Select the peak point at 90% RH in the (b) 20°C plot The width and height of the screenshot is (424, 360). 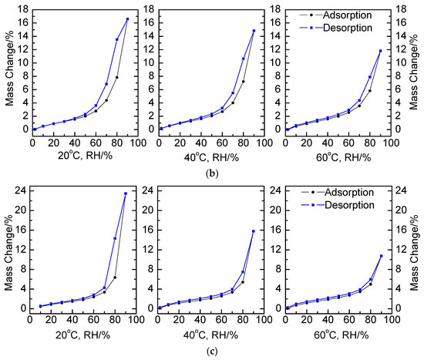128,19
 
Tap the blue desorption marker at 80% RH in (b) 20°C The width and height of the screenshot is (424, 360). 117,39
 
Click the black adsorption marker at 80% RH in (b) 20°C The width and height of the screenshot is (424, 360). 117,77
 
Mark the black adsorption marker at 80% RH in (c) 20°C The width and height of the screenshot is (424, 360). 115,278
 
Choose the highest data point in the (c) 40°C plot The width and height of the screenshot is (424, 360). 254,230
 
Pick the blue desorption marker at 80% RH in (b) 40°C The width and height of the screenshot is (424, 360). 244,59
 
